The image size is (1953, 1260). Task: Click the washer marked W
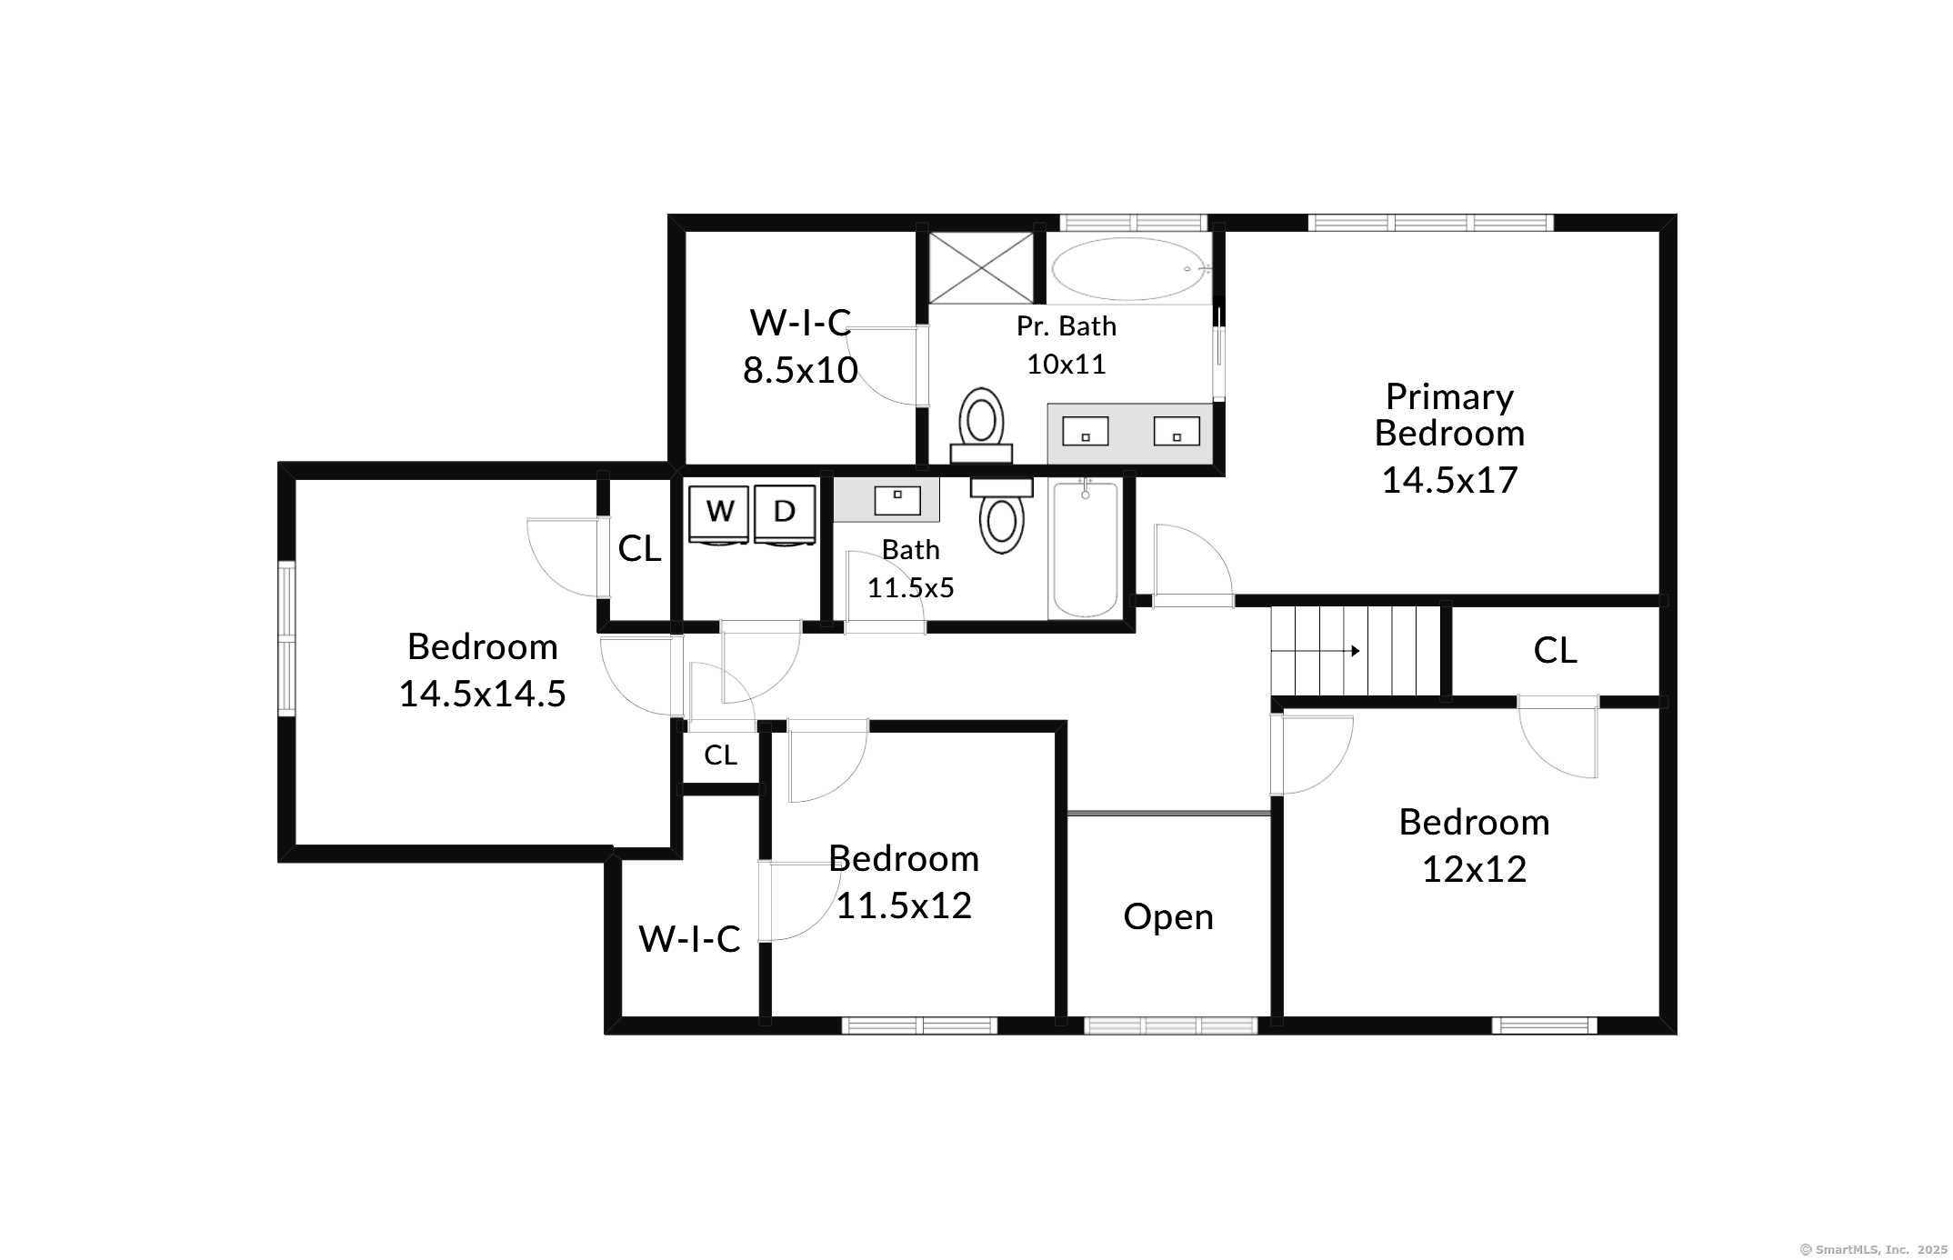tap(718, 515)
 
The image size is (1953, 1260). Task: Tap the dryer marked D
tap(784, 515)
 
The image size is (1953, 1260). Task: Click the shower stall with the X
tap(981, 268)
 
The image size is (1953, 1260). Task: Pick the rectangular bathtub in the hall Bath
tap(1084, 549)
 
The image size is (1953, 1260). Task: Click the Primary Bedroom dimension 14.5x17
tap(1449, 480)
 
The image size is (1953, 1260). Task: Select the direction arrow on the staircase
tap(1316, 651)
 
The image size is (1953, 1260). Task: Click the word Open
tap(1168, 917)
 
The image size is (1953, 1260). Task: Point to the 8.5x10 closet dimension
tap(800, 370)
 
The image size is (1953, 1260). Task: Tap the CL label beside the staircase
tap(1555, 650)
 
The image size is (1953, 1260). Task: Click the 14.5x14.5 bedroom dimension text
tap(482, 694)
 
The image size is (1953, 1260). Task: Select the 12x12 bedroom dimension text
tap(1474, 869)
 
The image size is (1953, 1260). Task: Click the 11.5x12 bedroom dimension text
tap(904, 905)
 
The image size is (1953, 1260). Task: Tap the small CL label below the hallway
tap(720, 755)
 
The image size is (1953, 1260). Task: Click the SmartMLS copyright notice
tap(1874, 1249)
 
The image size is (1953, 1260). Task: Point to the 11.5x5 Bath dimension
tap(910, 588)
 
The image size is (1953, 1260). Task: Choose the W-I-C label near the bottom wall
tap(689, 939)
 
